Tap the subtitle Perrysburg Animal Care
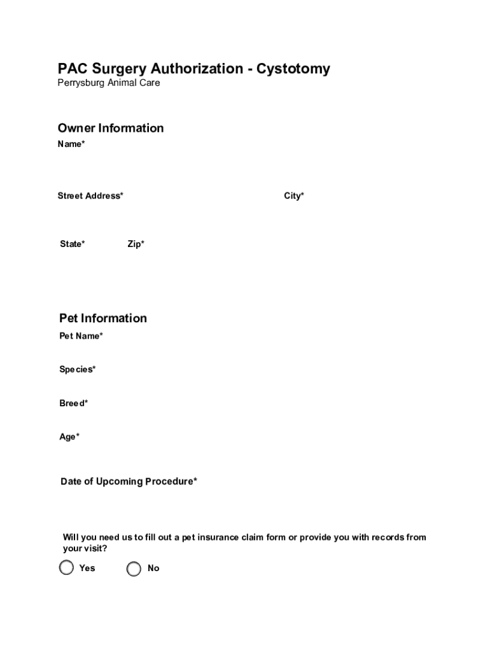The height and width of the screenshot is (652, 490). click(109, 83)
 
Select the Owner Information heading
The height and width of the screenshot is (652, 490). click(111, 128)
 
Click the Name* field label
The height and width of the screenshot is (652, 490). click(71, 144)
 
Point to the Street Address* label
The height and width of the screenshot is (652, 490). click(90, 196)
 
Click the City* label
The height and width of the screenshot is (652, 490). click(294, 196)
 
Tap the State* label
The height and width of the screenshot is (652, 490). click(73, 244)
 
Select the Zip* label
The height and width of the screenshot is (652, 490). click(136, 244)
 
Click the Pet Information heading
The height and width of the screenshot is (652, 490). click(103, 318)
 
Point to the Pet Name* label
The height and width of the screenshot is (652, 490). click(81, 336)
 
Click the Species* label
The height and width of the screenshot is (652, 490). click(78, 369)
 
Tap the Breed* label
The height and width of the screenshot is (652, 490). click(74, 403)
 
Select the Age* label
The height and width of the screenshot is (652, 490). click(69, 437)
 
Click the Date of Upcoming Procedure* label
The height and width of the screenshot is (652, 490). click(129, 481)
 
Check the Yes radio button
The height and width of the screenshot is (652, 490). click(67, 568)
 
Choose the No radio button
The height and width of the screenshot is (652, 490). click(134, 569)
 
